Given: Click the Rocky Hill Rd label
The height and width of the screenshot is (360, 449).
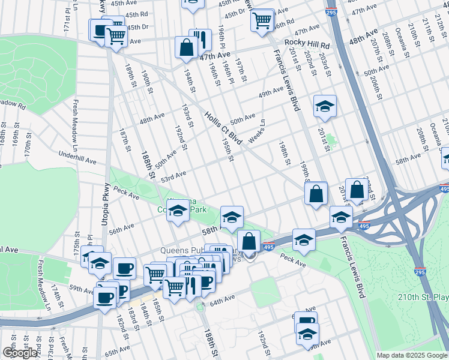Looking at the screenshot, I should pos(307,44).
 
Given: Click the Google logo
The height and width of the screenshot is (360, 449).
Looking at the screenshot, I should pos(20,352).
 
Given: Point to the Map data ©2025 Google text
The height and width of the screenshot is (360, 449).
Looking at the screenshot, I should pos(411,355).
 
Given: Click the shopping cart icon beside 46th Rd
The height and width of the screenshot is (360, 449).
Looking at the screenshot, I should pos(262,20).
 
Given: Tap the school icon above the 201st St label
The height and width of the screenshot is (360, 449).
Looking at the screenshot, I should pos(325,107).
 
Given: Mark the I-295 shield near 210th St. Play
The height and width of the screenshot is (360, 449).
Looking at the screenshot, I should pos(420,272).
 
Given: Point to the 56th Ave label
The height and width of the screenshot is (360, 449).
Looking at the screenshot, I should pos(121,228).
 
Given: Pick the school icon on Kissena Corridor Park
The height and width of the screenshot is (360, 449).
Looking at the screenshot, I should pos(178,211).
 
